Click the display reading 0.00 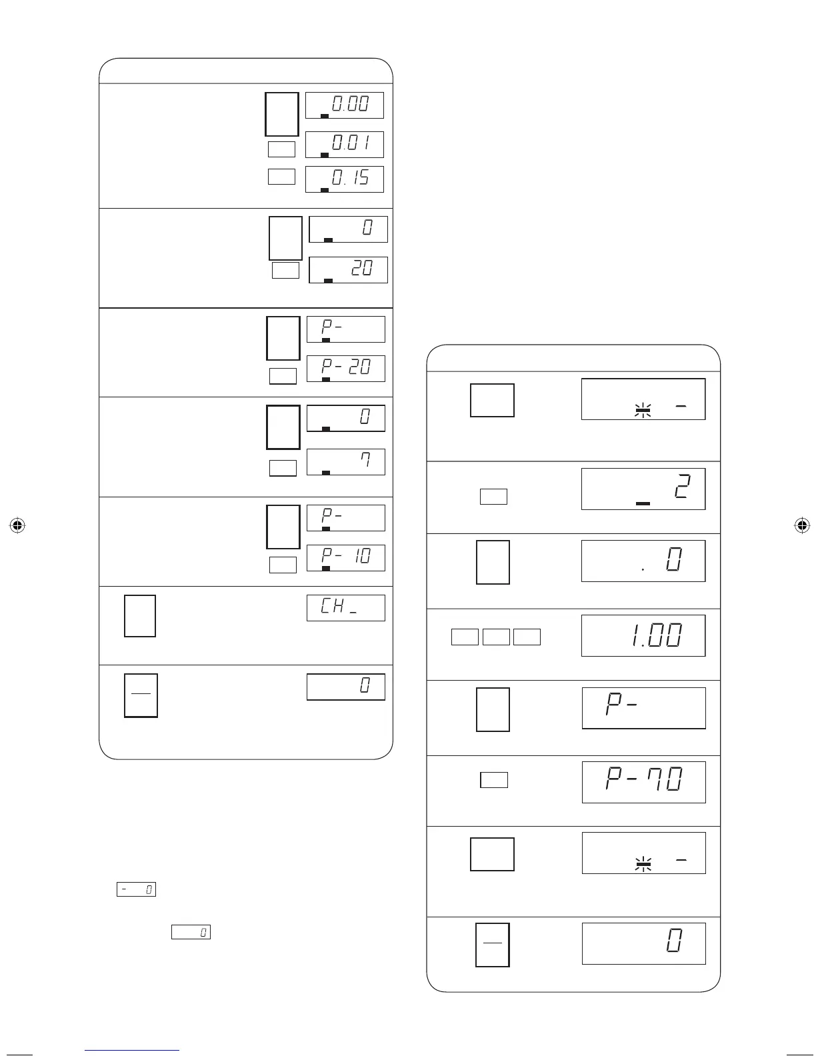coord(344,105)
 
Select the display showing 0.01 coord(344,145)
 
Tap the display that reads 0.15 coord(344,179)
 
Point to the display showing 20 coord(348,270)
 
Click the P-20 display coord(345,369)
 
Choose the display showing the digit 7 coord(345,462)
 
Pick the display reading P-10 coord(345,558)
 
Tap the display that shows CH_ coord(345,608)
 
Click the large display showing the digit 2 coord(643,489)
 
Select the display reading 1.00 coord(643,636)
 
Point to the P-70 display coord(643,782)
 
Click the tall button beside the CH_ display coord(140,616)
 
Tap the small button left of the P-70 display coord(494,780)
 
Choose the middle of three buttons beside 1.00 coord(496,637)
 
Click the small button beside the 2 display coord(493,497)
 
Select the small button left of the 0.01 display coord(281,149)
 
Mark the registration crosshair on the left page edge coord(18,525)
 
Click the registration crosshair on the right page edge coord(802,525)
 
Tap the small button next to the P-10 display coord(283,565)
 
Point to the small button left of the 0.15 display coord(281,177)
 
